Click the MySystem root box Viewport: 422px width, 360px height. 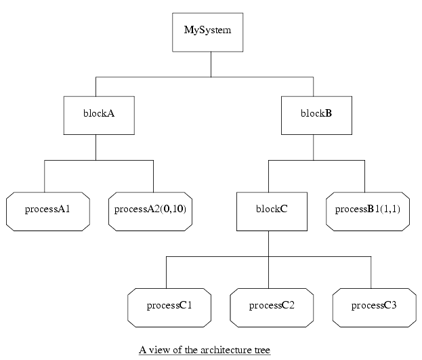point(211,31)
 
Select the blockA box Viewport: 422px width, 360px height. point(95,114)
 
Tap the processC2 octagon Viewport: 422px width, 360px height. point(272,305)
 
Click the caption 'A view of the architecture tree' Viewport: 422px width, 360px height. point(205,350)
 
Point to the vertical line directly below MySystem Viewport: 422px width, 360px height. point(211,64)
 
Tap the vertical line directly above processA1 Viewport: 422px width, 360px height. point(45,176)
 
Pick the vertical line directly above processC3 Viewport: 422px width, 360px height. point(371,272)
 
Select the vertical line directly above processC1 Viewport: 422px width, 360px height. point(167,272)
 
